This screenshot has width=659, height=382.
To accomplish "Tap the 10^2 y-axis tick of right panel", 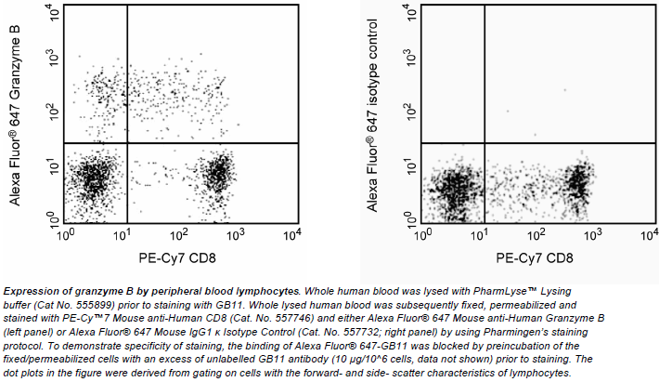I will tap(409, 112).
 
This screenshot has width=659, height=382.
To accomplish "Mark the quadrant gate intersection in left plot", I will tap(127, 143).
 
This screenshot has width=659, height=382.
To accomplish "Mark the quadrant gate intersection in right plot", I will tap(485, 143).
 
